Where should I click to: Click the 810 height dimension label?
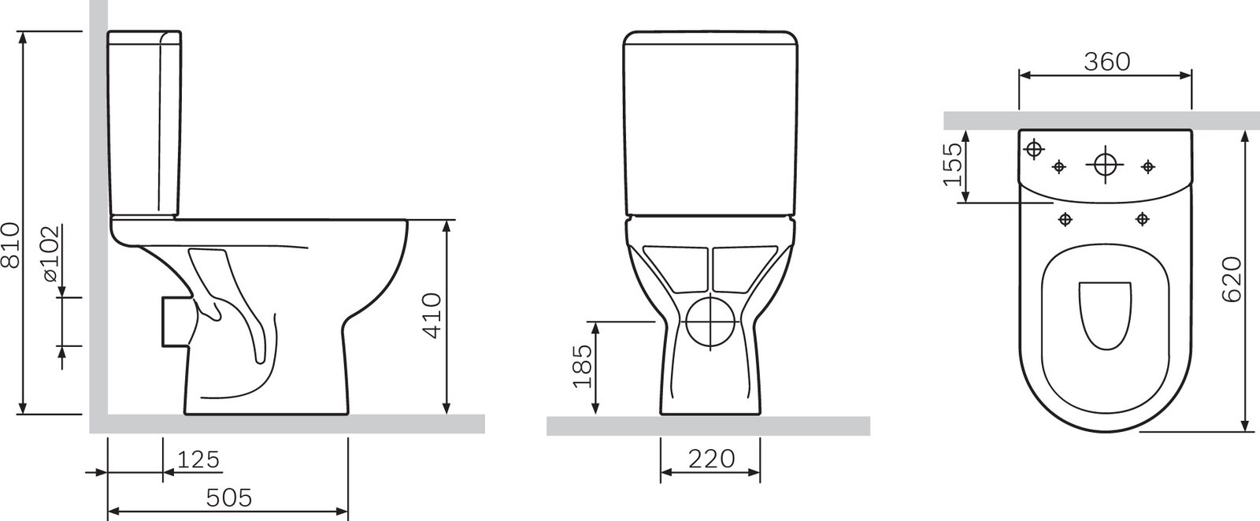(x=11, y=245)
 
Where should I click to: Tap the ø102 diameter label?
(x=50, y=254)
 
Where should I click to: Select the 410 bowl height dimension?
(x=432, y=315)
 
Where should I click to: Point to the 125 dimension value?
(x=198, y=460)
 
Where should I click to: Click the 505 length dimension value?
(x=229, y=497)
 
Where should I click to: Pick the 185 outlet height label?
(x=583, y=366)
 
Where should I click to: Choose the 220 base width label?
(x=712, y=459)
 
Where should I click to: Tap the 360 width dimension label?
(x=1107, y=62)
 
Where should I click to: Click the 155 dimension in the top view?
(x=952, y=164)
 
